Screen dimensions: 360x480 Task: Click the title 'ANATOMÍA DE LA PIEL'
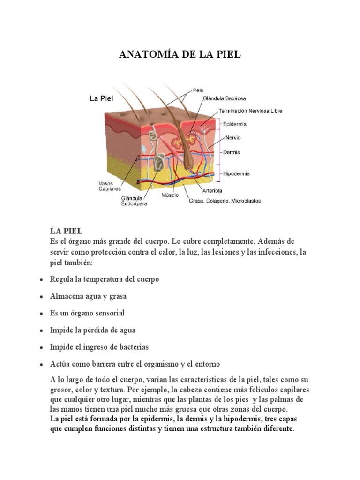click(x=180, y=54)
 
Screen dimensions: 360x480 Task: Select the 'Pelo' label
click(x=198, y=90)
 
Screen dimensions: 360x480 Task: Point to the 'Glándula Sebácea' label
click(x=224, y=98)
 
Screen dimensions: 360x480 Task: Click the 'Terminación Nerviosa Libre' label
click(x=251, y=111)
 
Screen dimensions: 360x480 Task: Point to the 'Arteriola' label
click(x=212, y=191)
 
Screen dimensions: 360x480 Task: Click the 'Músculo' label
click(x=170, y=195)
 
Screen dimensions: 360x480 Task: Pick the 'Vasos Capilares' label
click(x=109, y=186)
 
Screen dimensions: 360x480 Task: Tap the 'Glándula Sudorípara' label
click(x=133, y=201)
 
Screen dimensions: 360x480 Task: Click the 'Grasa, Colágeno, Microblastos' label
click(x=225, y=201)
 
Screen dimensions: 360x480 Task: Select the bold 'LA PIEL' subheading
click(x=66, y=231)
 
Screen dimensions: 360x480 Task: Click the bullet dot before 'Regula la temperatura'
click(x=42, y=280)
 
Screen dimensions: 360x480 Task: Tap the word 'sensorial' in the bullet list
click(x=108, y=313)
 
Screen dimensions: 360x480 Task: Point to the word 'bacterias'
click(x=132, y=347)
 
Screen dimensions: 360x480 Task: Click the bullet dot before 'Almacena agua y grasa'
click(x=42, y=297)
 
